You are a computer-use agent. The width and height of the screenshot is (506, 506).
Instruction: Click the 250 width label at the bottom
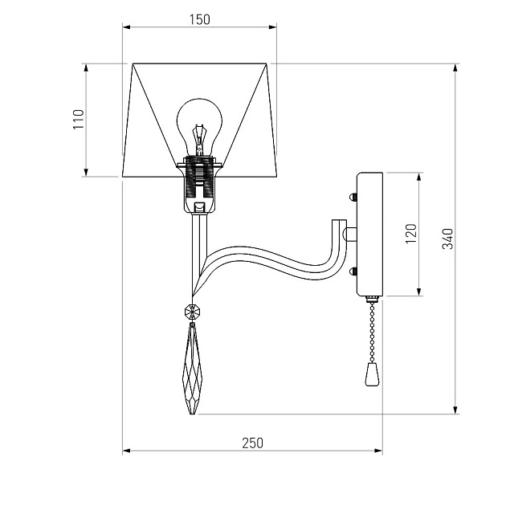click(x=252, y=443)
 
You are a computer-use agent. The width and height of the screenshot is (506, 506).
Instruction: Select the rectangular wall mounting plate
click(x=370, y=234)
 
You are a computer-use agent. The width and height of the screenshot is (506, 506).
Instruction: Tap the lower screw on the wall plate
click(x=353, y=271)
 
